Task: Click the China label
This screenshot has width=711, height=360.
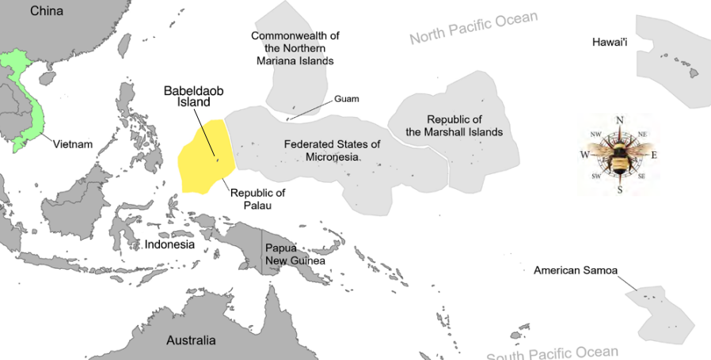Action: coord(47,11)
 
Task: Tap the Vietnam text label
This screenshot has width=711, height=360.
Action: coord(73,145)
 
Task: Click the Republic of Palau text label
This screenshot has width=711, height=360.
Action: coord(257,199)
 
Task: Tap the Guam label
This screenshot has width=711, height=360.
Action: coord(347,99)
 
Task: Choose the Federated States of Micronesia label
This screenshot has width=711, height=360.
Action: coord(333,150)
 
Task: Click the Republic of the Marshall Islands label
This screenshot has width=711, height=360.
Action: coord(454,125)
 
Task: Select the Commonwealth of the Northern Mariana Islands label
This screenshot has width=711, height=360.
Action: coord(295,47)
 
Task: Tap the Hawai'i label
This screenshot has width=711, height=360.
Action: coord(610,41)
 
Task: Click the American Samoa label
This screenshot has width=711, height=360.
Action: coord(574,270)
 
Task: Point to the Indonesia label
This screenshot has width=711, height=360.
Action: coord(169,244)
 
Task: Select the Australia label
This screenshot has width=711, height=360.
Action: coord(190,340)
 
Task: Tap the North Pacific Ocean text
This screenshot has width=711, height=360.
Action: coord(473,28)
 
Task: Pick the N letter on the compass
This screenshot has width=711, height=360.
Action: coord(620,120)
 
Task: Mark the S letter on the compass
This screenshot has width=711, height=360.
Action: coord(620,190)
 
